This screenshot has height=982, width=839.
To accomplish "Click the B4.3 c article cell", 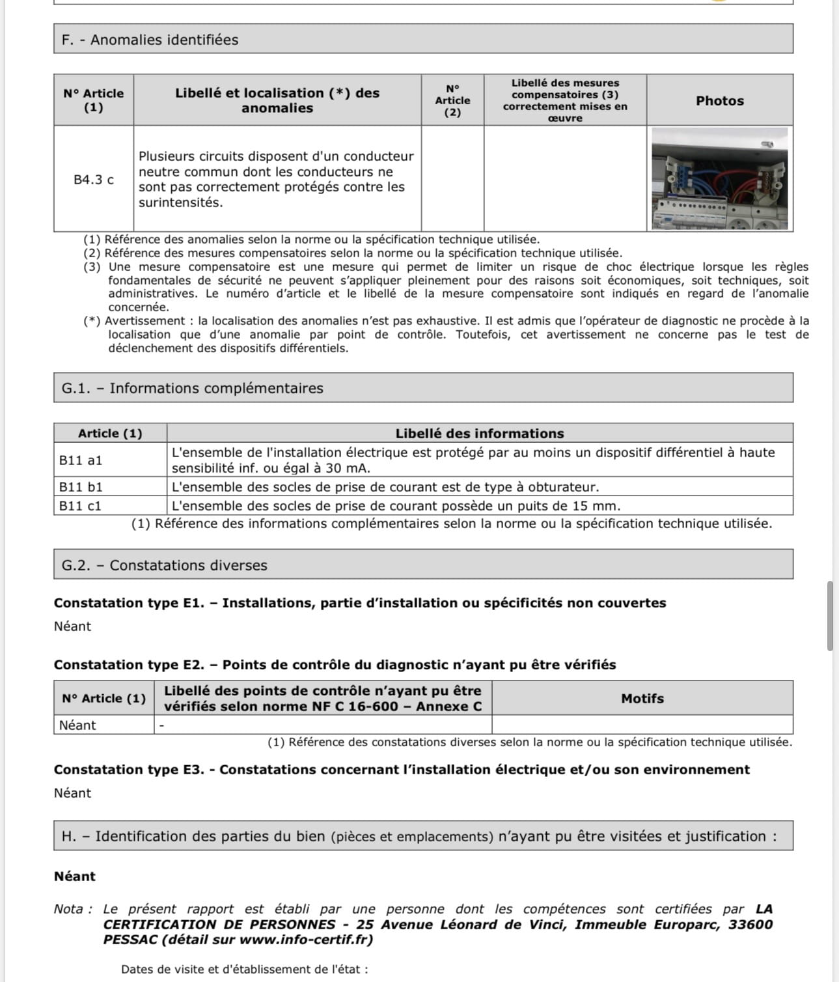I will [x=93, y=180].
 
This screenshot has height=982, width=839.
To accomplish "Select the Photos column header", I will [x=719, y=101].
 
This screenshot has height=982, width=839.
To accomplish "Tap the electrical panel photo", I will [x=719, y=178].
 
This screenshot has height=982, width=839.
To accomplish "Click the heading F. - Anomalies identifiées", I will [x=150, y=40].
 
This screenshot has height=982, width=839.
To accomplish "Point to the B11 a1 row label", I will [x=81, y=460].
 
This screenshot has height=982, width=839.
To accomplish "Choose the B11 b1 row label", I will [x=81, y=487].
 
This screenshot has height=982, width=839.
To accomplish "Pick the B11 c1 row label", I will [x=81, y=506].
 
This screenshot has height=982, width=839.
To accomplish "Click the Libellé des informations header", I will [x=480, y=434].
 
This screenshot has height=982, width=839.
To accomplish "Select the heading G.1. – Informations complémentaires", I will [x=192, y=388].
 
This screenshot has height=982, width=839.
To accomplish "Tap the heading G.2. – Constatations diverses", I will [x=164, y=565].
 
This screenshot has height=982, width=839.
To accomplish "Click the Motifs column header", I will [x=642, y=699].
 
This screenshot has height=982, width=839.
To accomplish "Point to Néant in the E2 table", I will [x=77, y=725].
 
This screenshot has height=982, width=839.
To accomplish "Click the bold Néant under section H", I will [x=75, y=877].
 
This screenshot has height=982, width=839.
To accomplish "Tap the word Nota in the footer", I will [x=69, y=909].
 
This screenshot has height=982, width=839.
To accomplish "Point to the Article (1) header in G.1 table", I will [x=110, y=434].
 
